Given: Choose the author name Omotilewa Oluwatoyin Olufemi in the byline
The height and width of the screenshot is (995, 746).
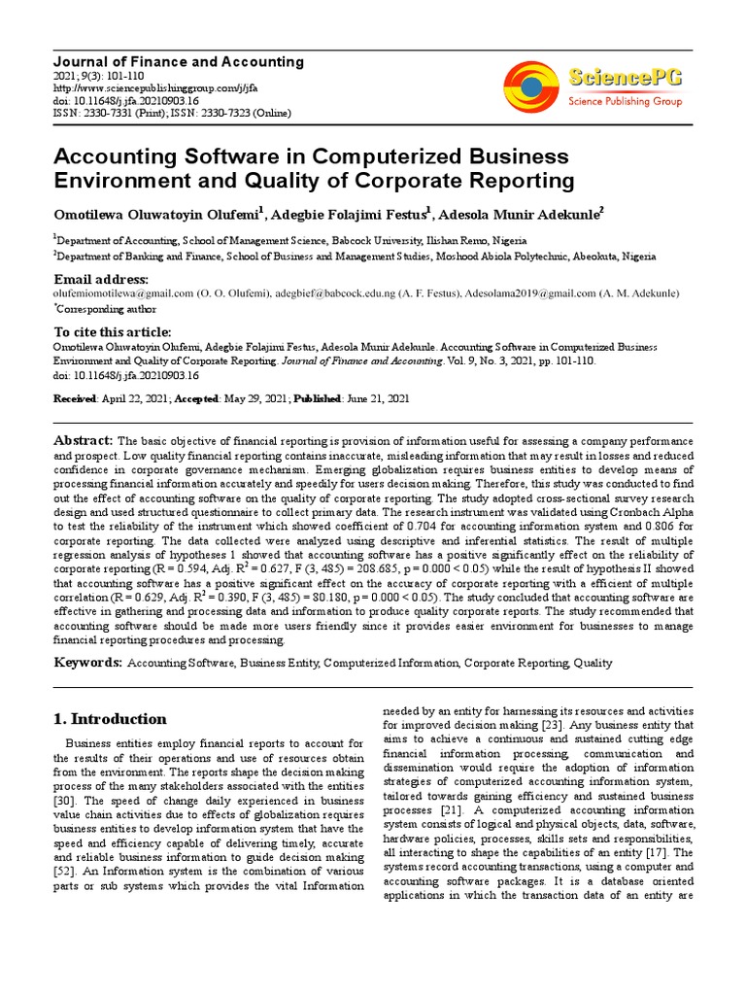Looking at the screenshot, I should (155, 214).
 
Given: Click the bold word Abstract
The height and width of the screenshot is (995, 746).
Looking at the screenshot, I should (84, 440).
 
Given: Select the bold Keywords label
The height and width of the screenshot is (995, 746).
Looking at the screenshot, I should (86, 663).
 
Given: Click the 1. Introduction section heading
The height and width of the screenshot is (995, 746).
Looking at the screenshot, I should (108, 720).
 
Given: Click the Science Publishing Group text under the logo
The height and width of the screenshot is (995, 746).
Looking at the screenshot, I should (625, 101).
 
